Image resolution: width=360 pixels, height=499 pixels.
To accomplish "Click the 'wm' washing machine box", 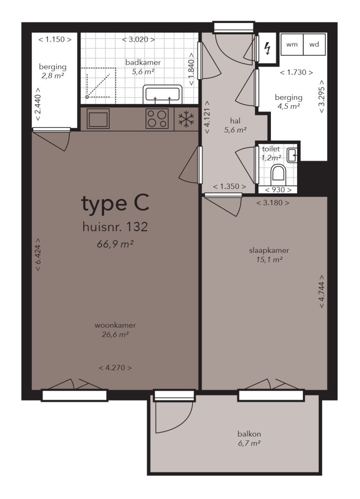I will tap(292, 45).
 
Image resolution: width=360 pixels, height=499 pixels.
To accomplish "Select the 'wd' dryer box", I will tap(314, 45).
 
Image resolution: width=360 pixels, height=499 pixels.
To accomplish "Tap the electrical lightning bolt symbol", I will tap(268, 49).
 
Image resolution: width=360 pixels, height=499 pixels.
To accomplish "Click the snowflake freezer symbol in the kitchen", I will tap(186, 119).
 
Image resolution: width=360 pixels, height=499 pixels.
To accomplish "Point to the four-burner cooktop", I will tap(157, 119).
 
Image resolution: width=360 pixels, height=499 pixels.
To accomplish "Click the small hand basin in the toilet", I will tap(292, 155).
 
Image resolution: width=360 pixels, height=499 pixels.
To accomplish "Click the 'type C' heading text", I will tap(115, 204).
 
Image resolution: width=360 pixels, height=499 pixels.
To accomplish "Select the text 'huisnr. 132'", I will tap(115, 227).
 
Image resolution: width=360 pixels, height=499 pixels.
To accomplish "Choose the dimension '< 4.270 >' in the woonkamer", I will tap(115, 368).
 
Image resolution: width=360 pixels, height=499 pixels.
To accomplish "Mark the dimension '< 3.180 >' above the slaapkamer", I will tap(272, 203).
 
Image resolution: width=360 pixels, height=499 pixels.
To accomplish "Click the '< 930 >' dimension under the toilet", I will tap(278, 190).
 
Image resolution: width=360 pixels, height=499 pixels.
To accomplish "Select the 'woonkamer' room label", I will tap(115, 325).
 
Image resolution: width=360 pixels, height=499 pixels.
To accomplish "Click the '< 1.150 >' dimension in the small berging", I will tap(55, 39).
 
